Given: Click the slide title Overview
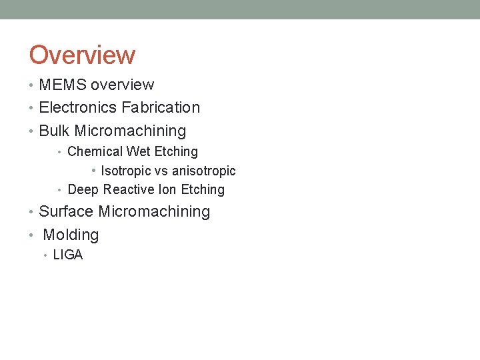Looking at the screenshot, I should pos(82,55).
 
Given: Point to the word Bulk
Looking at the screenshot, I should pos(55,131).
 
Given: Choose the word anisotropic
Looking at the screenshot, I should pos(204,171).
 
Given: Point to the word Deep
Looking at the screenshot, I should pos(83,190).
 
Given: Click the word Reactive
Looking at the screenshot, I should pos(131,190).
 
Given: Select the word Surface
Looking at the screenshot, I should pos(67,212).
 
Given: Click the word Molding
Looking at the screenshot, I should pos(71,235).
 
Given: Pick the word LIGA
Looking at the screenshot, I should pos(68,255).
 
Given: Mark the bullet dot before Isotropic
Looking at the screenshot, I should pos(95,171).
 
